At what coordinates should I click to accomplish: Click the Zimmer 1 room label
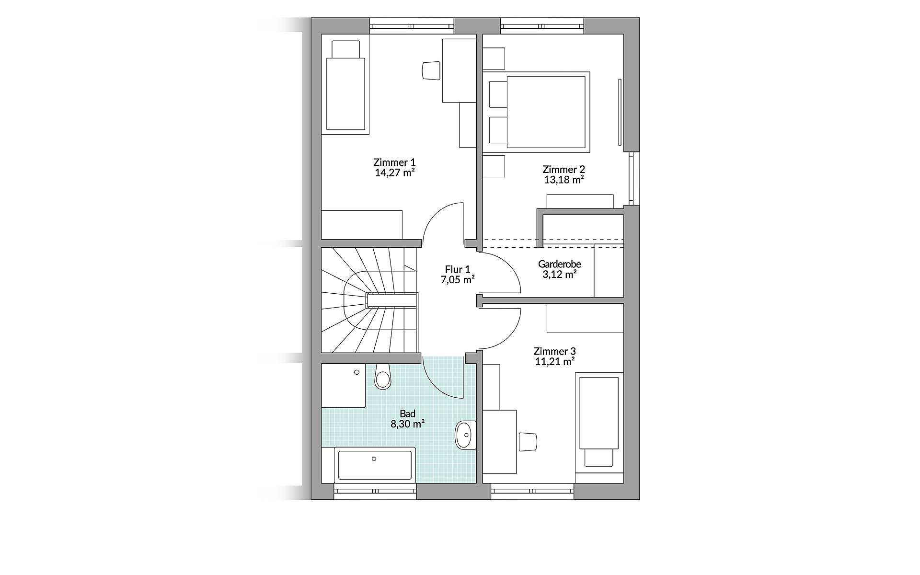pos(394,162)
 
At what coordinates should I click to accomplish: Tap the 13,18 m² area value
pos(563,180)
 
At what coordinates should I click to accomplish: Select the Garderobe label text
pos(559,264)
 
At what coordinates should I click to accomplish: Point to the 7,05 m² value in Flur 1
pos(458,280)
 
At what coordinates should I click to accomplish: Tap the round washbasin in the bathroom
pos(464,436)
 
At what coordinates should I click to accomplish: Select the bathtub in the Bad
pos(375,464)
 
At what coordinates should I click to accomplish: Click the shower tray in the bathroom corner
pos(343,385)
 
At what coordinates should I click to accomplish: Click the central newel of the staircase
pos(391,300)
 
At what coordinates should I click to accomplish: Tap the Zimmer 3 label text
pos(554,351)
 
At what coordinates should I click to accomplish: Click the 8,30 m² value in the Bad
pos(408,424)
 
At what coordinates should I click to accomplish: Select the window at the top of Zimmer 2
pos(542,25)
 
